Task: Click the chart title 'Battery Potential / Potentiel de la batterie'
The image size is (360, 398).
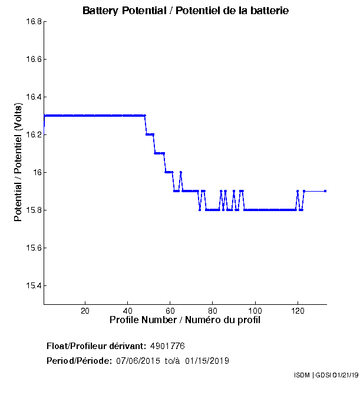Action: (x=186, y=11)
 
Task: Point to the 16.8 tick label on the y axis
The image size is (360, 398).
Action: (x=32, y=22)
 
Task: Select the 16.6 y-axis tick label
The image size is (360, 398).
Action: (x=32, y=60)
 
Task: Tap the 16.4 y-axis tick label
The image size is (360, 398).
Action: (x=32, y=97)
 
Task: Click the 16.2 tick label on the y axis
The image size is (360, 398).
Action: (x=32, y=135)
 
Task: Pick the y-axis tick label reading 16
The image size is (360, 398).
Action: (x=36, y=173)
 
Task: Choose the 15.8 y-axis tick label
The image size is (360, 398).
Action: (x=32, y=210)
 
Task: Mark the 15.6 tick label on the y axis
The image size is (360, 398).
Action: (x=32, y=248)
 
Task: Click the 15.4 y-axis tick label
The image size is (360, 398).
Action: (x=32, y=286)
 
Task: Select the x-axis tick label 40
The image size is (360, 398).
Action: (x=127, y=311)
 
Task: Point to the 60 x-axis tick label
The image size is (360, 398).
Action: (x=170, y=311)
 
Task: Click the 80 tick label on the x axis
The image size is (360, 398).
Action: (x=213, y=311)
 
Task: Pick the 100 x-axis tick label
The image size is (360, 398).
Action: (x=255, y=311)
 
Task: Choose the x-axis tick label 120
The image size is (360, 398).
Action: (x=298, y=311)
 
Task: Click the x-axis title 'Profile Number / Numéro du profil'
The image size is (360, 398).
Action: (x=185, y=320)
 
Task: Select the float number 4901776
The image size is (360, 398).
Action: (x=168, y=346)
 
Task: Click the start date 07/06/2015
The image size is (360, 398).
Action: (x=138, y=360)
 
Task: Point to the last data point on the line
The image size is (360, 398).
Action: (x=325, y=191)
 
